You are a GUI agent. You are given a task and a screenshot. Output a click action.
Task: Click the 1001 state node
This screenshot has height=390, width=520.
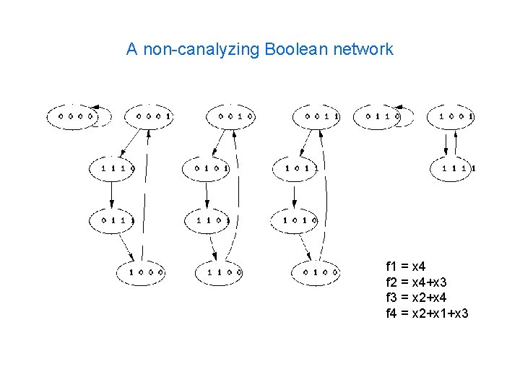click(451, 116)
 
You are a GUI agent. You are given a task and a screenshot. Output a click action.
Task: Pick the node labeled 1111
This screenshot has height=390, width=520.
click(454, 168)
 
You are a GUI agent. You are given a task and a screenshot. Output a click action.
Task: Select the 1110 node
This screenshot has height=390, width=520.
click(113, 168)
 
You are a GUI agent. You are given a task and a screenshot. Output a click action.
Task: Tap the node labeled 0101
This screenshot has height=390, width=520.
click(207, 168)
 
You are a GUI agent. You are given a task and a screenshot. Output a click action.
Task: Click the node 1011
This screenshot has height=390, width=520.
click(295, 168)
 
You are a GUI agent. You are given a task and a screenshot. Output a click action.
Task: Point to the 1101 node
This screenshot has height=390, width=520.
click(207, 219)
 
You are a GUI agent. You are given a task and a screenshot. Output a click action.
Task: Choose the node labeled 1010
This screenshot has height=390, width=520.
click(295, 219)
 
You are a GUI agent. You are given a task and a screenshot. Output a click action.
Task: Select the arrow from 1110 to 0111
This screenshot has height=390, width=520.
click(113, 194)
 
